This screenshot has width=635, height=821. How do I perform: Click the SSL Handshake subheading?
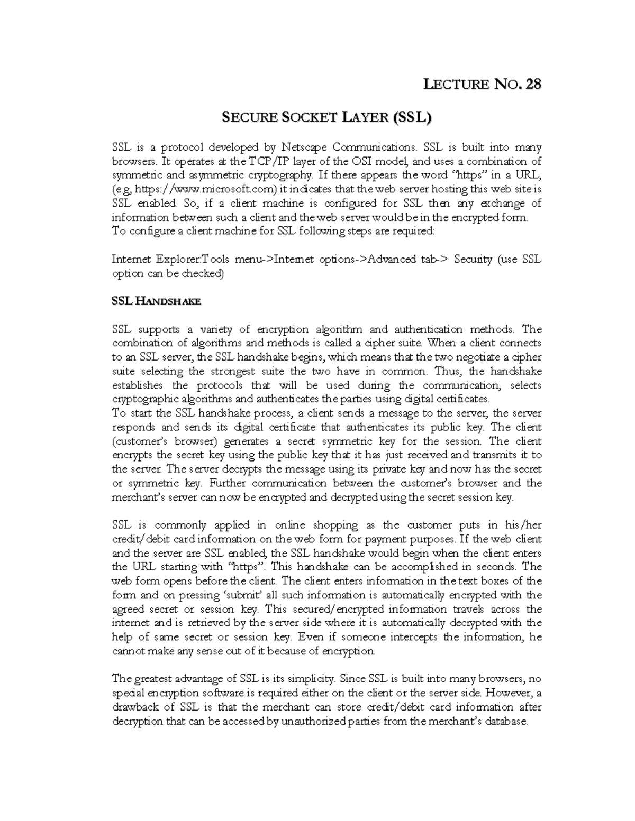click(156, 301)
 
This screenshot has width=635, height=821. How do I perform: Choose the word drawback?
click(136, 707)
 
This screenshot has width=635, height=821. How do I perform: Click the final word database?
click(505, 721)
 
